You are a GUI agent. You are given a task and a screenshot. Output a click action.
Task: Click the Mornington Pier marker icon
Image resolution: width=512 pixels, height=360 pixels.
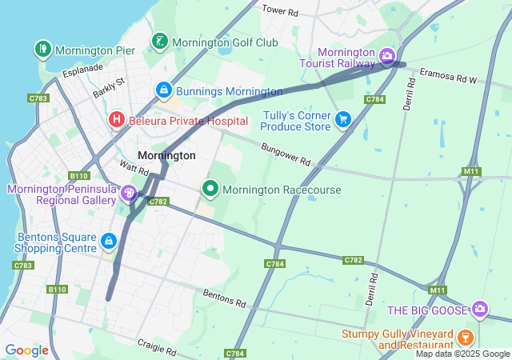[42, 50]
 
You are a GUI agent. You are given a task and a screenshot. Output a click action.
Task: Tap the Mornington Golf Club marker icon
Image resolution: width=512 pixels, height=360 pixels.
[160, 42]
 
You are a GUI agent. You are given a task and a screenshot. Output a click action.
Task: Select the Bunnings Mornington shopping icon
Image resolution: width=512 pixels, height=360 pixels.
[164, 91]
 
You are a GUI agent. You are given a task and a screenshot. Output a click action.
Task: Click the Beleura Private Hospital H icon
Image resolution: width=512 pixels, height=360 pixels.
[116, 120]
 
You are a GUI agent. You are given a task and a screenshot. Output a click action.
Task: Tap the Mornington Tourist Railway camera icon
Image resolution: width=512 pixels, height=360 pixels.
[387, 56]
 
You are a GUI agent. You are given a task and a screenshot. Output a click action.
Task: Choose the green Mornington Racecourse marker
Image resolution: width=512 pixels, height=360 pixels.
[210, 190]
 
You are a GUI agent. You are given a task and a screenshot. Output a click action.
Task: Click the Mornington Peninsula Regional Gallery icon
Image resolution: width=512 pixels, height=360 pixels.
[128, 194]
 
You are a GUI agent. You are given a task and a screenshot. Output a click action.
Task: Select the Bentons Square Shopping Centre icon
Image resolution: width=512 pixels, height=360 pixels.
[108, 239]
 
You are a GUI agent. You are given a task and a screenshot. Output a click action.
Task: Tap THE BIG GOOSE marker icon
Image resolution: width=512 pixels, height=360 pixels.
[479, 309]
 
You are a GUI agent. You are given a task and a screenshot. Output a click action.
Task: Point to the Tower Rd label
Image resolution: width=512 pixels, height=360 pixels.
[280, 12]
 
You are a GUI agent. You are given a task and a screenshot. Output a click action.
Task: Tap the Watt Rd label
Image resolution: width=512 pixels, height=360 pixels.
[134, 170]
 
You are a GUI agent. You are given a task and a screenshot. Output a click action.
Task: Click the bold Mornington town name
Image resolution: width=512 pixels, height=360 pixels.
[166, 155]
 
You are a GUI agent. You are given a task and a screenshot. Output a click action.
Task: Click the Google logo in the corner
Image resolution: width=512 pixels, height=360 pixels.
[26, 350]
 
